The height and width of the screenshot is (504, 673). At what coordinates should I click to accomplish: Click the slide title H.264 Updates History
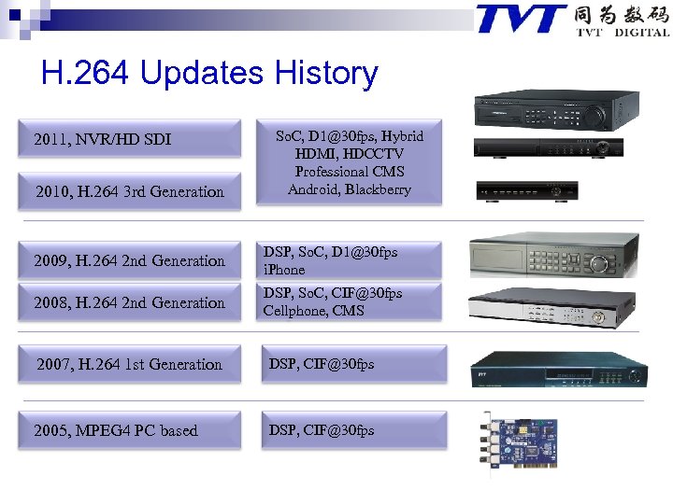pos(209,74)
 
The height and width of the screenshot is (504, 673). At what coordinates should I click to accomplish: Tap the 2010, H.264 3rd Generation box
pos(129,191)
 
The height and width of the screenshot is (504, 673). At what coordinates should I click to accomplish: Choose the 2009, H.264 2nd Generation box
pos(129,260)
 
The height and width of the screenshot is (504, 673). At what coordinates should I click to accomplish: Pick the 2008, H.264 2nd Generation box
pos(129,302)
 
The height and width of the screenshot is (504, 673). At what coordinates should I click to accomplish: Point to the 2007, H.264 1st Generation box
pos(129,364)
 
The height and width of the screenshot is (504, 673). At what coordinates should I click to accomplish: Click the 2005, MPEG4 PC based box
pos(116,430)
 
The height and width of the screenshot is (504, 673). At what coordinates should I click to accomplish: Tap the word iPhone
pos(284,270)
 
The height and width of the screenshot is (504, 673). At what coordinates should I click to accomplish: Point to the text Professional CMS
pos(350,172)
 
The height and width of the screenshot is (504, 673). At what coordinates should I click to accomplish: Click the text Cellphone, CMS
pos(313,311)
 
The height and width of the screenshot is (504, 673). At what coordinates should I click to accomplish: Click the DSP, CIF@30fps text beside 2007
pos(322,364)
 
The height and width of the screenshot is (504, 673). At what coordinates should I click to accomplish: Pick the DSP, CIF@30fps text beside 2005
pos(322,430)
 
